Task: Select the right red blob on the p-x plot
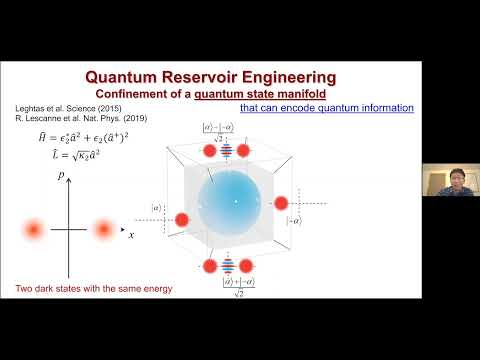[103, 230]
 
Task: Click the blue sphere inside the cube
[237, 201]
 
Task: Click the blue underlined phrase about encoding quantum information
[326, 108]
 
